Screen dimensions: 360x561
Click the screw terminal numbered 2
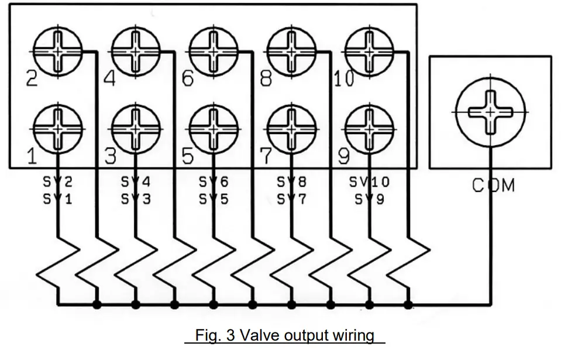(57, 52)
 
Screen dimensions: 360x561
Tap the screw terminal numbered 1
(57, 128)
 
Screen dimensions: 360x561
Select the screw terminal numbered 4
(136, 52)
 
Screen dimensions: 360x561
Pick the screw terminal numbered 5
(214, 128)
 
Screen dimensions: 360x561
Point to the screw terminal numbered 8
(291, 52)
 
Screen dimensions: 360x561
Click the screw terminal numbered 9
(370, 128)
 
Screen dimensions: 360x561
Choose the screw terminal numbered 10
(370, 52)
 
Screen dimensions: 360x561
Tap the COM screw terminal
(490, 111)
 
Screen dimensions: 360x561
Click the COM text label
(494, 186)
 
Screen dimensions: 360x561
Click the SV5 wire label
(214, 199)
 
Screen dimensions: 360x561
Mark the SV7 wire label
(291, 199)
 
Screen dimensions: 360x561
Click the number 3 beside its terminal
(109, 156)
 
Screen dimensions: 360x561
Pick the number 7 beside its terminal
(266, 156)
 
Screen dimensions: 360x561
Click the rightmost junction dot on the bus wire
(408, 304)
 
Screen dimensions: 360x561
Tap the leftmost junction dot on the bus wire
(97, 304)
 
